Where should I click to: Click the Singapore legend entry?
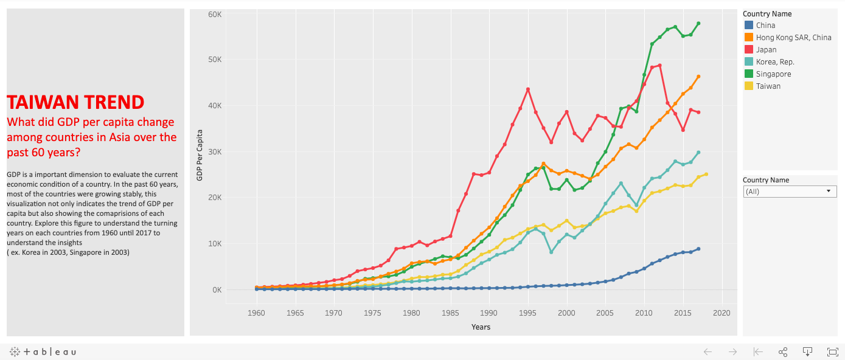point(773,74)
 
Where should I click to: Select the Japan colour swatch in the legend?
point(749,50)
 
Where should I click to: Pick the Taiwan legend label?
point(768,86)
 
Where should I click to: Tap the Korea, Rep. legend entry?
point(775,62)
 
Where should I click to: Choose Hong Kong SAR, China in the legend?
point(793,38)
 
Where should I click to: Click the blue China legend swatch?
point(749,26)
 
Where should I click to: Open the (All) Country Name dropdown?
point(790,192)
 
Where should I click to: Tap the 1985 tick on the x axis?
point(450,313)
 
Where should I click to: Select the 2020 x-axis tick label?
point(722,313)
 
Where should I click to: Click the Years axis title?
point(481,327)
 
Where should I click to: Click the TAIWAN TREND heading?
point(75,102)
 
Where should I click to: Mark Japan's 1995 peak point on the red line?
point(528,89)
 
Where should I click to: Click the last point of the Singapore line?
point(698,24)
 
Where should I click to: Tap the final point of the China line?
point(698,249)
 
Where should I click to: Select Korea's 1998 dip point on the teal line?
point(551,252)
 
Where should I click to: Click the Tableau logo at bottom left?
point(43,351)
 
